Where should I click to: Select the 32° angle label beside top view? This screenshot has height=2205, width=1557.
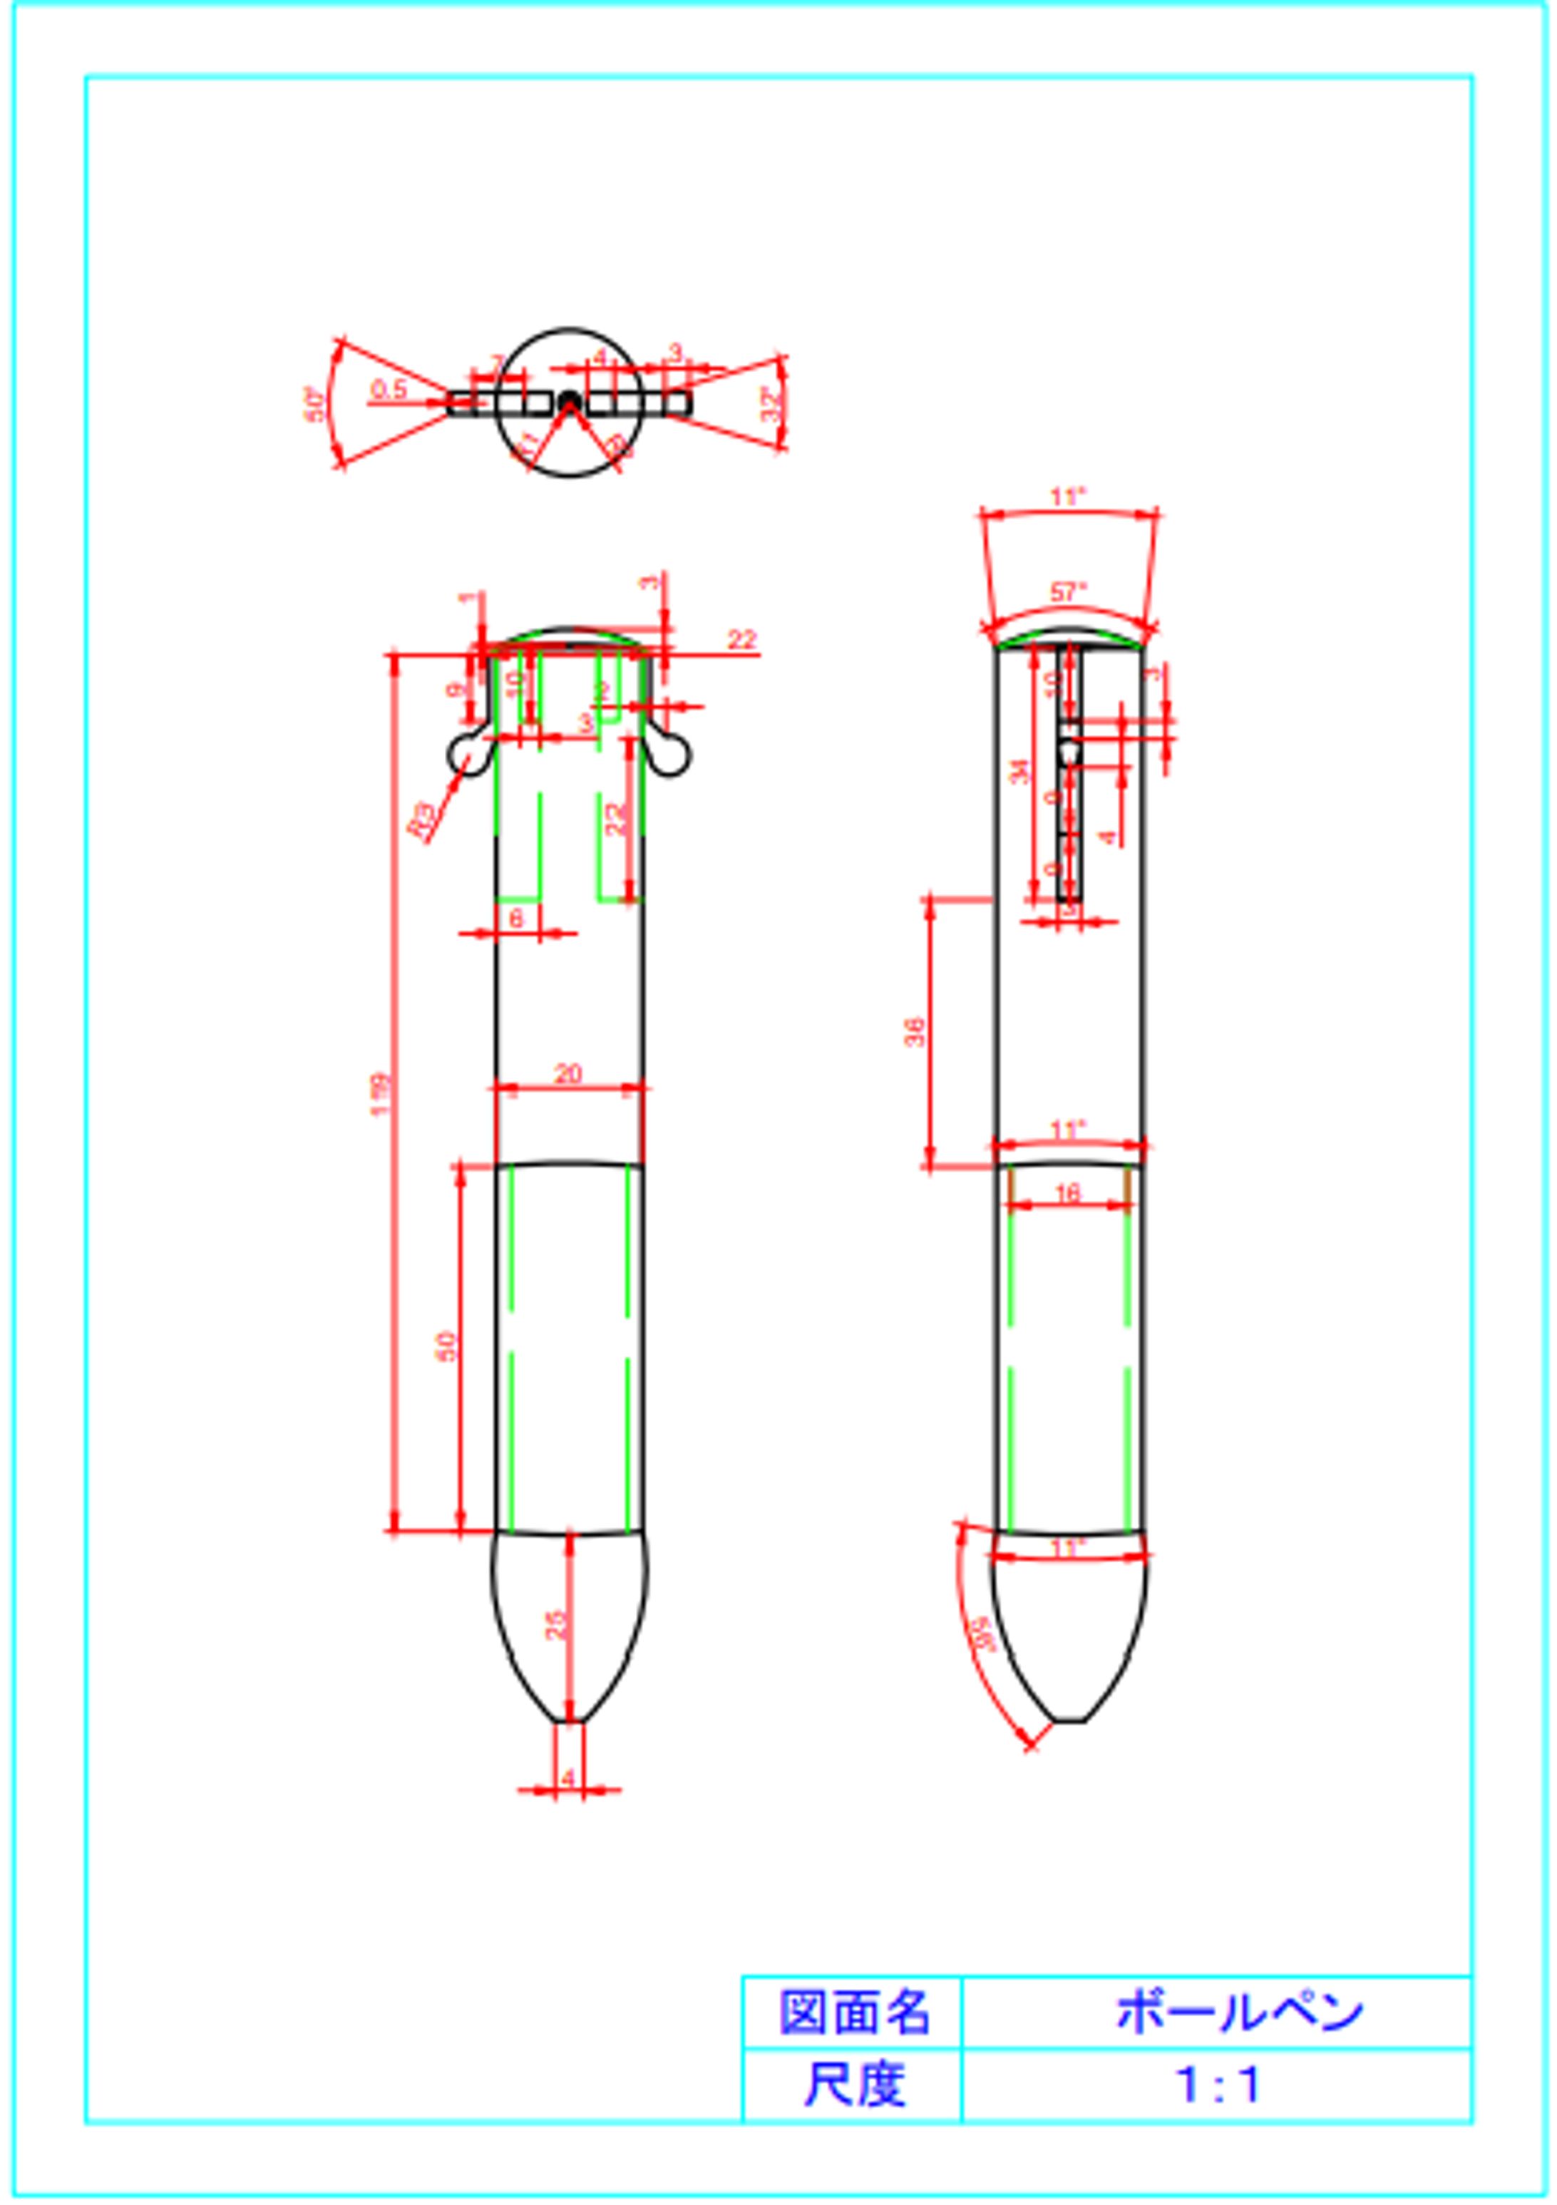(771, 403)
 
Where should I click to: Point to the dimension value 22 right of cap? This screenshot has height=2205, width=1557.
(741, 639)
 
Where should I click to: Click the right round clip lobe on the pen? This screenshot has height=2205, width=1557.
(672, 756)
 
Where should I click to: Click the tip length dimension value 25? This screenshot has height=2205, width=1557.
(557, 1623)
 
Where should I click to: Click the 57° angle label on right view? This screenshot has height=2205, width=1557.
(1067, 592)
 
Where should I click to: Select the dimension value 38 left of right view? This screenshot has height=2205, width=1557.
(915, 1031)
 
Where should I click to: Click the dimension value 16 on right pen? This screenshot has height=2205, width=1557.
(1067, 1193)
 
